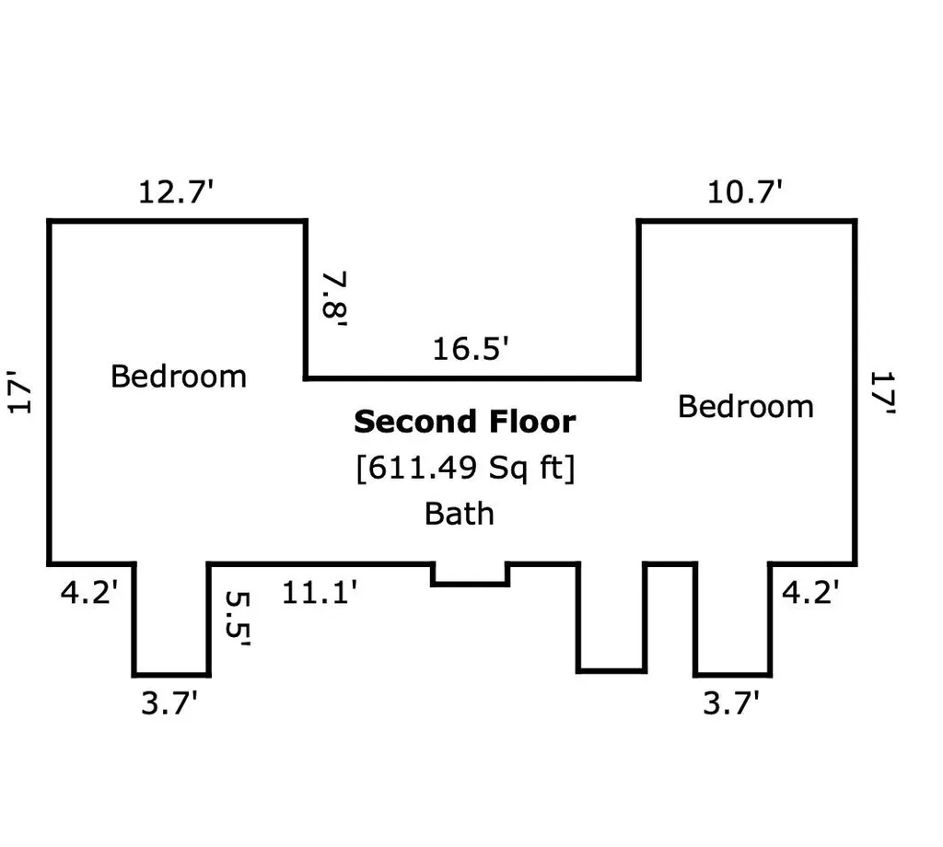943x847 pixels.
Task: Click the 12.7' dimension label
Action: (x=176, y=192)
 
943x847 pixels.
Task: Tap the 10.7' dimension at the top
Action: (x=744, y=192)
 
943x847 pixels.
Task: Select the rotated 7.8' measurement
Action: (x=334, y=299)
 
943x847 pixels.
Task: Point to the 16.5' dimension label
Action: (x=471, y=349)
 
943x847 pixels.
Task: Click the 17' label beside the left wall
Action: (x=19, y=392)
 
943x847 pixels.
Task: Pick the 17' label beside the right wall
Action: (x=883, y=392)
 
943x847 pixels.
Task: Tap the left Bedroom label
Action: (x=179, y=377)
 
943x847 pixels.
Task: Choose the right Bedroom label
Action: (x=746, y=406)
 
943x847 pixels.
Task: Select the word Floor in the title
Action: (x=533, y=422)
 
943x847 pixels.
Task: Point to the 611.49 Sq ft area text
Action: (x=465, y=468)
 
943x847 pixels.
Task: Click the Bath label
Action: (x=460, y=514)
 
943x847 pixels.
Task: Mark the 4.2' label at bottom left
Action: (x=89, y=593)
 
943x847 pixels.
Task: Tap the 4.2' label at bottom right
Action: (x=810, y=593)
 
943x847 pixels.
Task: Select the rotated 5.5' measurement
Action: (x=238, y=620)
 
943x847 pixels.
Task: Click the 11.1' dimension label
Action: (x=320, y=593)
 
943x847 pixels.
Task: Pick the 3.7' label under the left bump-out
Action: (x=169, y=703)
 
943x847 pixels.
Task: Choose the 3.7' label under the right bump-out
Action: (x=731, y=703)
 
